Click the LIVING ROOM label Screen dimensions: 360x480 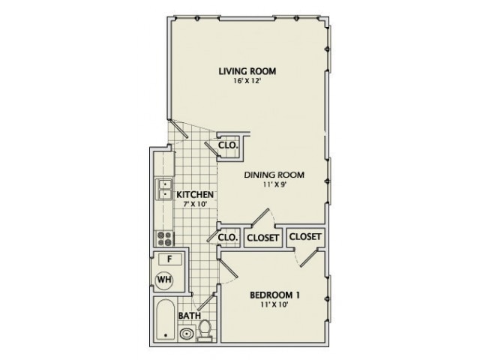(x=247, y=71)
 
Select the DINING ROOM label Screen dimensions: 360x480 (x=274, y=175)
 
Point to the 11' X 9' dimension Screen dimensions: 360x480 (x=274, y=184)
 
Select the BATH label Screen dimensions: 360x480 (x=189, y=316)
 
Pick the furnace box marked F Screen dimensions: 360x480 (x=169, y=259)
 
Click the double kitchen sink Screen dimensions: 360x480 (x=164, y=189)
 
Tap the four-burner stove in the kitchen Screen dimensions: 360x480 (x=164, y=238)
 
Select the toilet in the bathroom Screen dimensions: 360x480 (x=205, y=331)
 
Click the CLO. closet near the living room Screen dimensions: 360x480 (x=227, y=145)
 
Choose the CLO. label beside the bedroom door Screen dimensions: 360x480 (x=227, y=238)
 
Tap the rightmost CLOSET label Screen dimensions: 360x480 (x=305, y=237)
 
